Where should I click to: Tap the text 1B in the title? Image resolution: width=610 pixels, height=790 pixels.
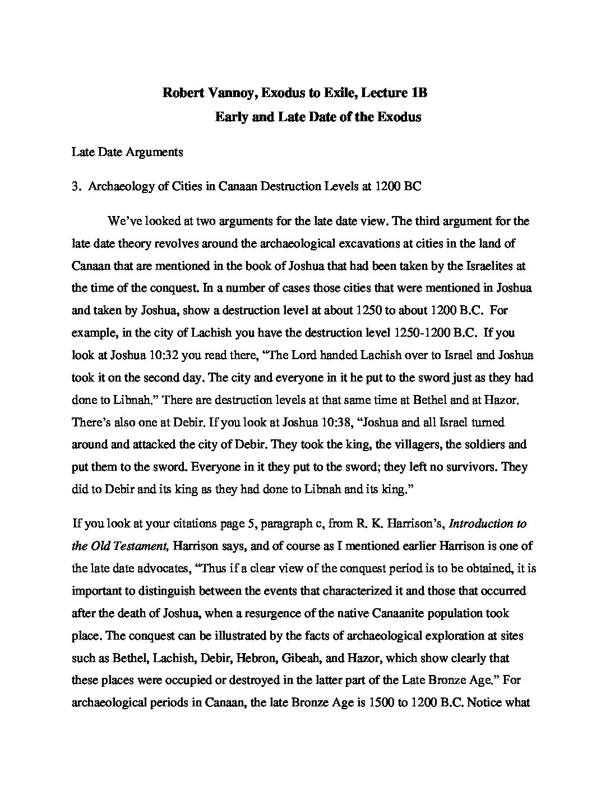[x=419, y=93]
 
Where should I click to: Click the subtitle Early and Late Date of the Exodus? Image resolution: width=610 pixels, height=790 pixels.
[x=318, y=117]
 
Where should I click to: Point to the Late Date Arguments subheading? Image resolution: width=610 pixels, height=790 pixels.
[x=127, y=152]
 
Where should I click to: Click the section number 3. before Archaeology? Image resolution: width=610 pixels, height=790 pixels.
[x=76, y=187]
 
